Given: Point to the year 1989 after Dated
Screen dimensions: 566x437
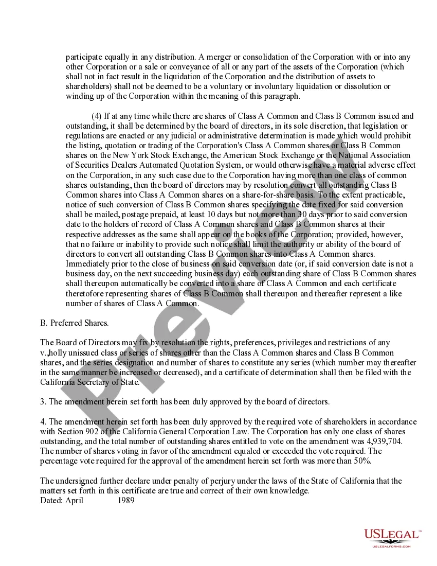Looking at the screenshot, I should coord(125,500).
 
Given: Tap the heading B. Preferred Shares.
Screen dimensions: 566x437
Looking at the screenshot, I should coord(75,323).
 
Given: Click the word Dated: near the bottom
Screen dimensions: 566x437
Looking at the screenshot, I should coord(51,500).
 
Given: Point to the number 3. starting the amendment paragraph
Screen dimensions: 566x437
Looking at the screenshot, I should coord(43,401).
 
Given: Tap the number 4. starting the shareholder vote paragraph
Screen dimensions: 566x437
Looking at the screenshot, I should coord(43,421).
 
